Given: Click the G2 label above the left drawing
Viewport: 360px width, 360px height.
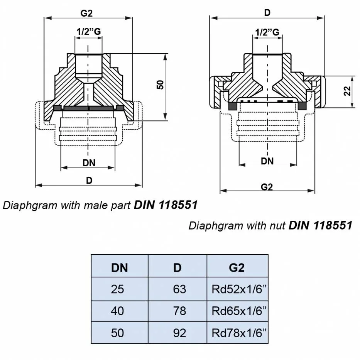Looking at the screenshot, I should [86, 13].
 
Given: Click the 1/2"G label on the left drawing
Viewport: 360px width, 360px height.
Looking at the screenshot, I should [89, 32].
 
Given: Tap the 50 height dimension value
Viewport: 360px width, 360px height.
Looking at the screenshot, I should [161, 85].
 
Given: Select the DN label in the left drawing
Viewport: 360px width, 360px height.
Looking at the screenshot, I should [89, 163].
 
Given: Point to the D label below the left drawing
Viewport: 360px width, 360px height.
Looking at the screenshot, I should [89, 180].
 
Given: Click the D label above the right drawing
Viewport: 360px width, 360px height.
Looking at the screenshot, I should [267, 12].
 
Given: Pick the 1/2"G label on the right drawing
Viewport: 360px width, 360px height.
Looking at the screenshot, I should [267, 32].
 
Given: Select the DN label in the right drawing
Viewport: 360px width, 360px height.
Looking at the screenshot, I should [267, 161].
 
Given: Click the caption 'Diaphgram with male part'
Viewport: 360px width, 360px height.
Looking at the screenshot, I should [68, 205].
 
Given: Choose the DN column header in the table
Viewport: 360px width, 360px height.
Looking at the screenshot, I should [119, 267].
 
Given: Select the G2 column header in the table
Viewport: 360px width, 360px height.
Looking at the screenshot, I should [237, 267].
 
